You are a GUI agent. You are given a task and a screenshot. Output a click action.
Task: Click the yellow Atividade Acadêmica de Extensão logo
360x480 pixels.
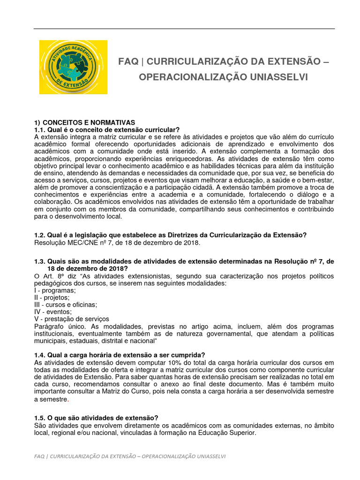pos(73,67)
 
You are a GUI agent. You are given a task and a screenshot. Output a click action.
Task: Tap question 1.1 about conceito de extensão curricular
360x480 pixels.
pos(107,130)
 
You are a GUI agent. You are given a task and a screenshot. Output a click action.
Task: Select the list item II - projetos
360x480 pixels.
pos(52,298)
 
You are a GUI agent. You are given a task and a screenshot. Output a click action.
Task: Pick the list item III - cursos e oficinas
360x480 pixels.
pos(66,305)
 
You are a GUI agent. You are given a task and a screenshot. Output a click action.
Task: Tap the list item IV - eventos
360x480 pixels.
pos(53,312)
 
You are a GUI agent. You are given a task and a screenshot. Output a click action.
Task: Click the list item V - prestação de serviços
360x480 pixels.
pos(72,319)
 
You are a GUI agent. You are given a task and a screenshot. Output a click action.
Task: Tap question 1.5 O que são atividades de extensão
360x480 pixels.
pos(96,418)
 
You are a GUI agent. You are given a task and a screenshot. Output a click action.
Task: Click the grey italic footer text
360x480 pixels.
pos(130,456)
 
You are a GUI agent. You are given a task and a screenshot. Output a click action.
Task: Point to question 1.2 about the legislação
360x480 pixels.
pos(171,235)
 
